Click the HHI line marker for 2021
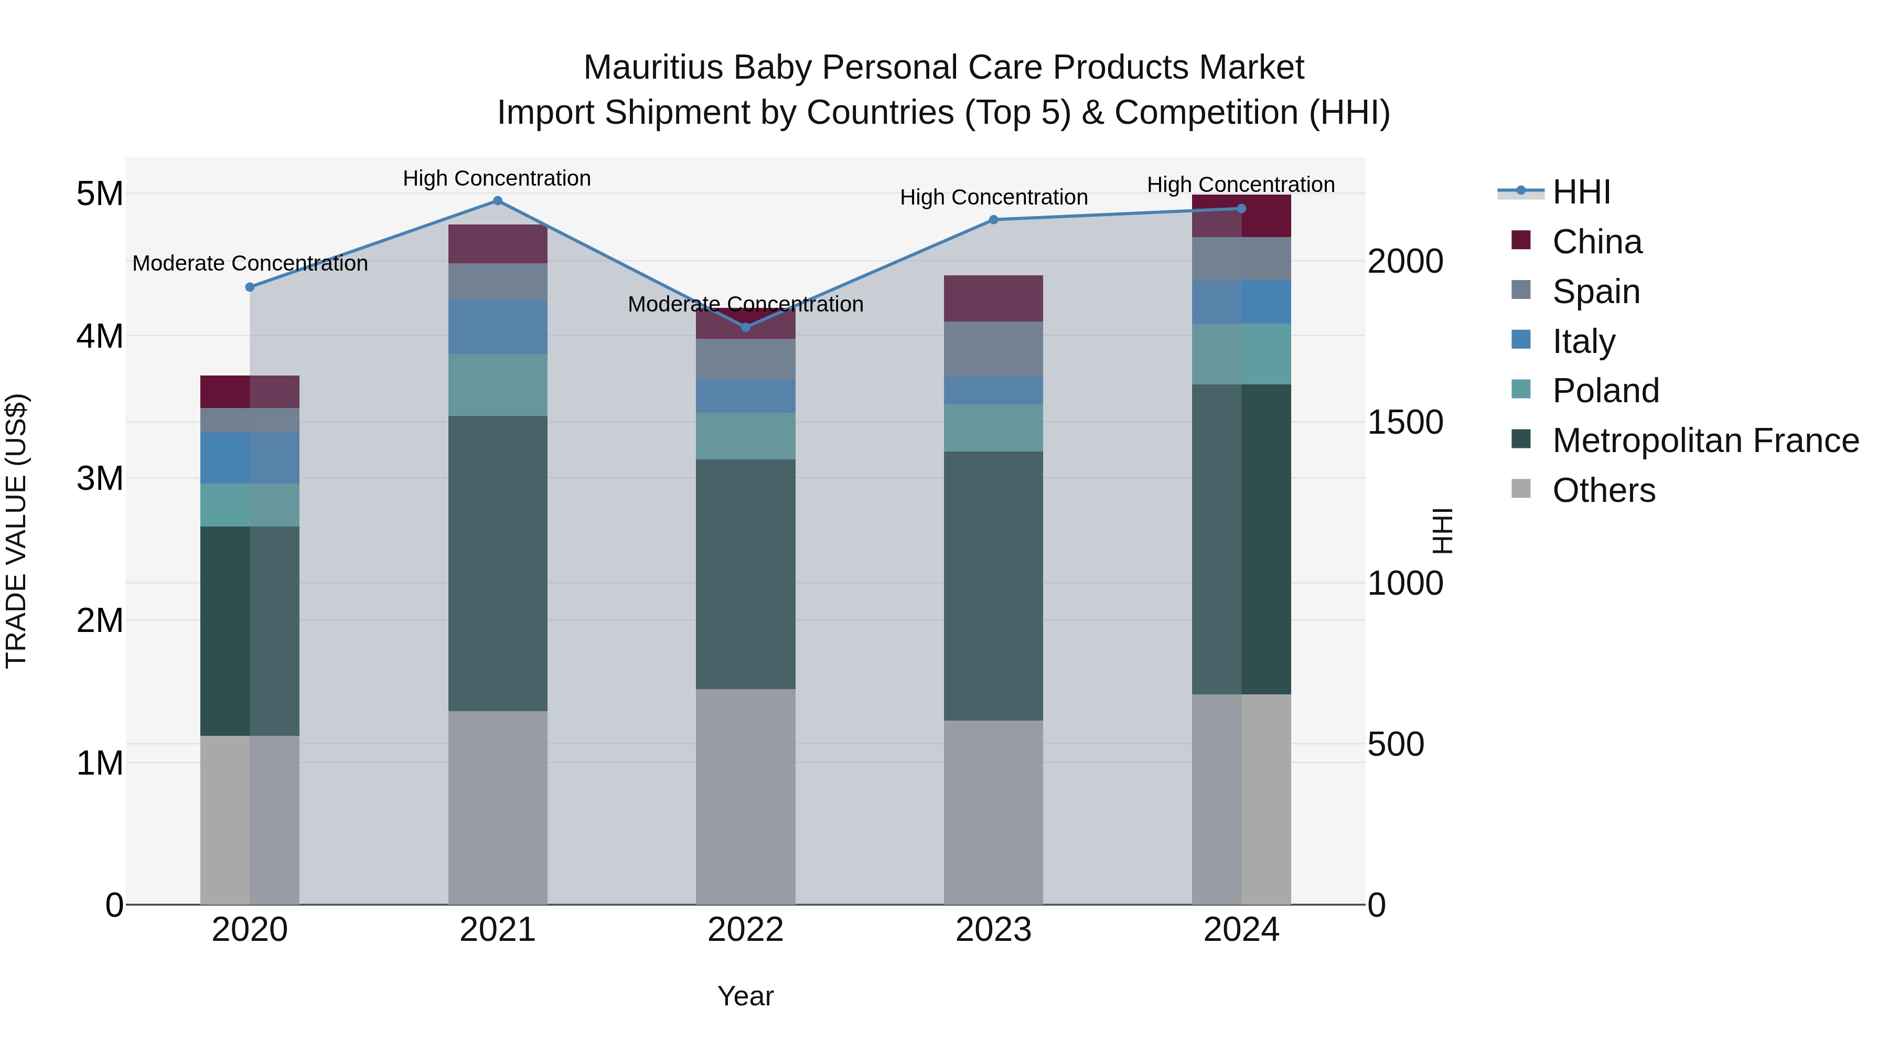click(498, 201)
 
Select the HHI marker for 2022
click(746, 327)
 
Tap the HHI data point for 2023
click(994, 220)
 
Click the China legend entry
click(1596, 242)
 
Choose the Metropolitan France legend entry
click(1705, 441)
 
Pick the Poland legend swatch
click(1521, 391)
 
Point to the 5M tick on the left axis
click(100, 194)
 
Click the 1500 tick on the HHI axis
click(1405, 422)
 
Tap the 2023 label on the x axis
click(993, 930)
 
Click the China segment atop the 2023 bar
click(993, 298)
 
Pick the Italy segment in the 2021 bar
click(498, 327)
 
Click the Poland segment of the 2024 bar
click(1241, 354)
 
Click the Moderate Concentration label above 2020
click(250, 263)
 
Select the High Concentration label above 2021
click(497, 178)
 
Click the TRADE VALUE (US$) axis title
click(16, 531)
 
